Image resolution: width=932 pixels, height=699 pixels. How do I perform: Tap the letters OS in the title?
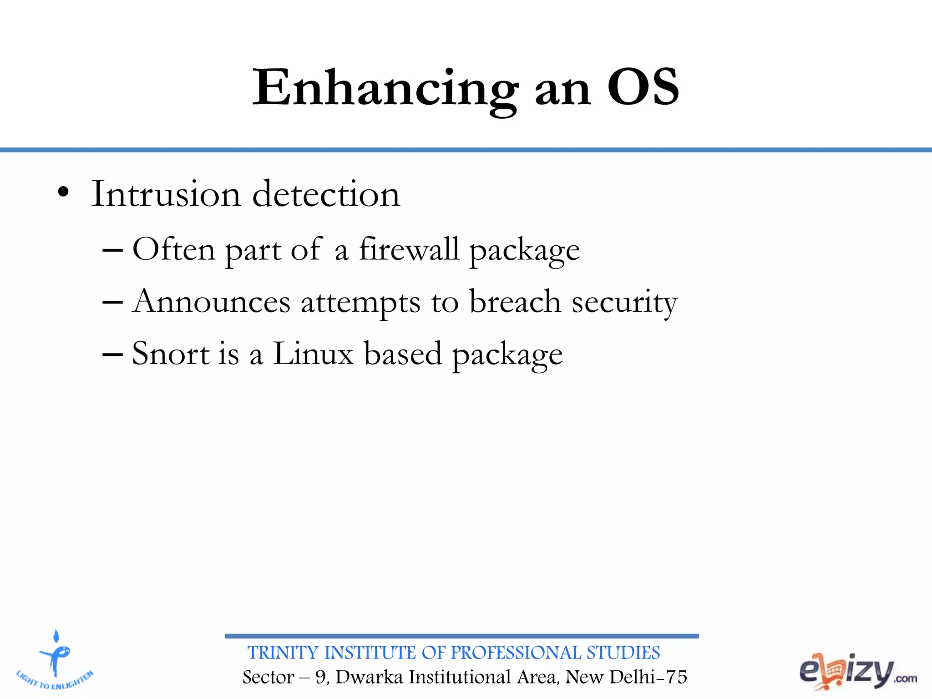643,88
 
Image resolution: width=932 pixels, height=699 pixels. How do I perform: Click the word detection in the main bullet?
326,194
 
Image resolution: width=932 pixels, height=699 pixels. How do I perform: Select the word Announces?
212,302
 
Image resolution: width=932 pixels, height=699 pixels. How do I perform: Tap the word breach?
515,302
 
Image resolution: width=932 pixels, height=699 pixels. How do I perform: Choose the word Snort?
171,354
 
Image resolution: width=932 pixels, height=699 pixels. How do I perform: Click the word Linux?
313,354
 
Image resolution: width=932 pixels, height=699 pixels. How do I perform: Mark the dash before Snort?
112,354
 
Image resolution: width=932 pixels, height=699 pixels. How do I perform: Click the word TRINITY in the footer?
283,653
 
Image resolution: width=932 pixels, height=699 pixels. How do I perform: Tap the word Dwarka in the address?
369,677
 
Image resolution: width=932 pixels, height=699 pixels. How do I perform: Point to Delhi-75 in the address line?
648,677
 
